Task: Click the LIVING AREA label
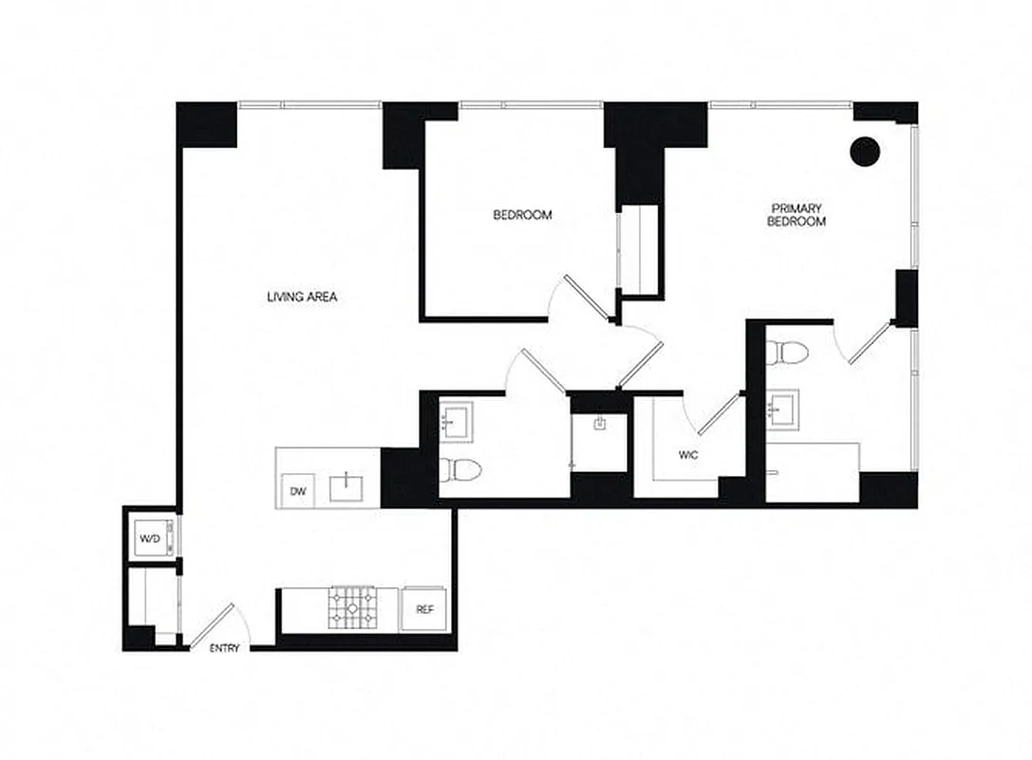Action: pos(302,297)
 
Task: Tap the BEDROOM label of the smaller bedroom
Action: pos(522,216)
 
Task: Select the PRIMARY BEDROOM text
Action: pos(797,215)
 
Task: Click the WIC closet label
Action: pos(688,455)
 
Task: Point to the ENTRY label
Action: pos(224,649)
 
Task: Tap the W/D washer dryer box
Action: pos(151,540)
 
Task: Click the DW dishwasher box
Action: pos(298,491)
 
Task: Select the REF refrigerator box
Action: pos(423,609)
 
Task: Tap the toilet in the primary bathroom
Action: pos(788,352)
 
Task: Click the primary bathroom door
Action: pos(868,344)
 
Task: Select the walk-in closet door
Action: pos(719,413)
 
